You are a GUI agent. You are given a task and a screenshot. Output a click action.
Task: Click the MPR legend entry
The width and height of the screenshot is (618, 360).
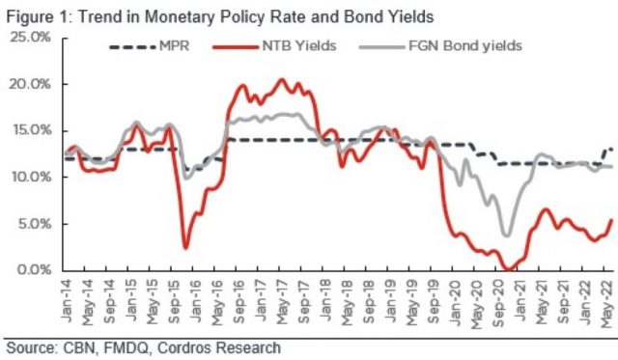point(150,46)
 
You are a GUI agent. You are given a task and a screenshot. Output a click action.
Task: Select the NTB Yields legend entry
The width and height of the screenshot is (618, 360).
point(274,46)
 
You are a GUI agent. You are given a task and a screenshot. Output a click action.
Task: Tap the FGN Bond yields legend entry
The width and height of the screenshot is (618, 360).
point(440,46)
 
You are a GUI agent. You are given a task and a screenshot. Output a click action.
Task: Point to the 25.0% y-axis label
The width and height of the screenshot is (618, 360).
point(31,38)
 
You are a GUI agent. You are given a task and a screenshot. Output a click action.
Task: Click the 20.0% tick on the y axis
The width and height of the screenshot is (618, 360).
point(31,84)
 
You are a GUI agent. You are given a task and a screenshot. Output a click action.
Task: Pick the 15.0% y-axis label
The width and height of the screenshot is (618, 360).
point(32,130)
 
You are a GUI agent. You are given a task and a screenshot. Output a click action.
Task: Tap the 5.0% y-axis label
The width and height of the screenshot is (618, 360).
point(35,224)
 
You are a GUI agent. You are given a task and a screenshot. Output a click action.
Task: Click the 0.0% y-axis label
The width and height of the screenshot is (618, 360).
point(35,270)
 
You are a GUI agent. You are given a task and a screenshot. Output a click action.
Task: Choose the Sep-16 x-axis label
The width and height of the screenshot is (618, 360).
point(239,300)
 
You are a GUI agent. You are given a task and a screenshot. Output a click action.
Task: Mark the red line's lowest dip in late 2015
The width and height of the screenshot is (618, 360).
point(185,248)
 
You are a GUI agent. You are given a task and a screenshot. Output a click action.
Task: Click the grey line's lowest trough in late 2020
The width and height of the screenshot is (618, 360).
point(507,235)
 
